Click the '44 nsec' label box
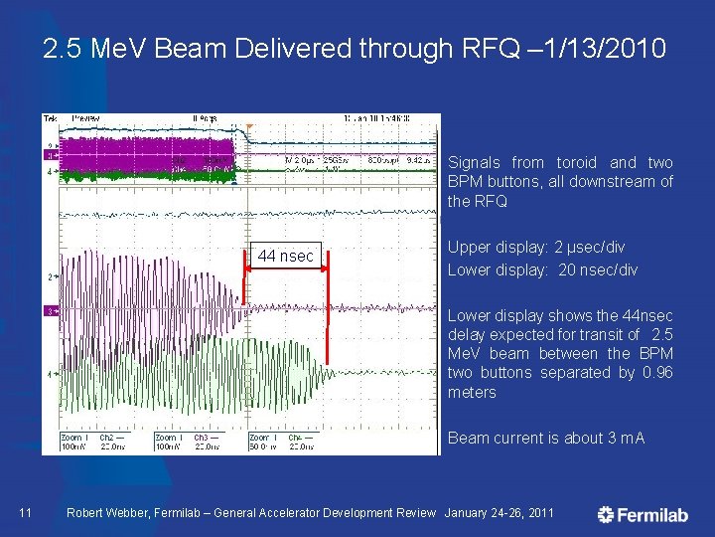(x=286, y=257)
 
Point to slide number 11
(x=26, y=513)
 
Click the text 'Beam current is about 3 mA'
(x=546, y=438)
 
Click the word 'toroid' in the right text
(x=576, y=162)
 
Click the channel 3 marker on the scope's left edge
(x=50, y=312)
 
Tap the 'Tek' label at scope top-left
(x=51, y=118)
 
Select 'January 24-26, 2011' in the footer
(x=500, y=513)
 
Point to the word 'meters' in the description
(x=472, y=392)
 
